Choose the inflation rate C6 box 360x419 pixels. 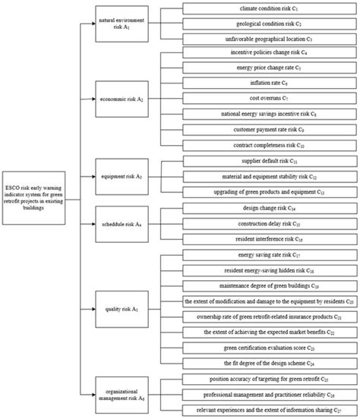[270, 84]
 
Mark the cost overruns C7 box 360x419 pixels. [270, 99]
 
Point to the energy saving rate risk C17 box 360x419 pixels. [270, 256]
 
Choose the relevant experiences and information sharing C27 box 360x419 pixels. [270, 411]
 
